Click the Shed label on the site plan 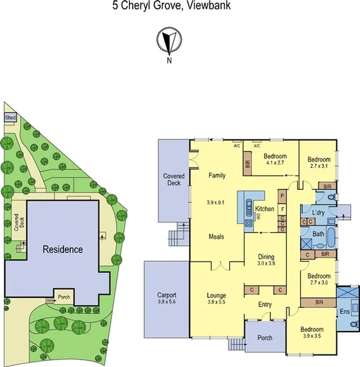pos(11,117)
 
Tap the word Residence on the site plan pos(62,249)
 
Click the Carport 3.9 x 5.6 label pos(166,298)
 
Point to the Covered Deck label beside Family pos(174,180)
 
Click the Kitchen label pos(265,209)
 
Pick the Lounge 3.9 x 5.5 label pos(216,298)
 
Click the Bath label pos(318,234)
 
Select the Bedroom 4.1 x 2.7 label pos(274,160)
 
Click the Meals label pos(217,237)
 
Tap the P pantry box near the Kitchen pos(282,195)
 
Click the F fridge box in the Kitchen pos(282,209)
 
